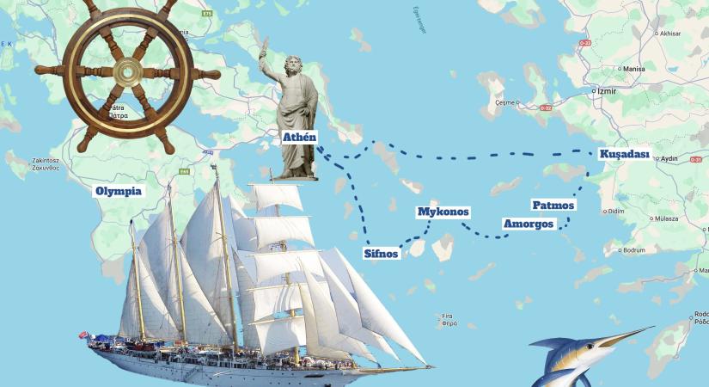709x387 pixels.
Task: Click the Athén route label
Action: (300, 136)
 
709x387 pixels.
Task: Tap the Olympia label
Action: (119, 191)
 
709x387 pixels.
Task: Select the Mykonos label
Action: (443, 212)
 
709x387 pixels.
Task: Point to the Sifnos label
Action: (382, 253)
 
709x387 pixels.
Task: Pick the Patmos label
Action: (553, 206)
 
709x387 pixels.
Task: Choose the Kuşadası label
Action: (624, 155)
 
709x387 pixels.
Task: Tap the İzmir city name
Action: (608, 89)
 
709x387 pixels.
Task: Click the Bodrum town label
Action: (634, 250)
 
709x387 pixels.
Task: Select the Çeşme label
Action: (504, 102)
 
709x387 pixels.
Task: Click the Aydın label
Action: (669, 159)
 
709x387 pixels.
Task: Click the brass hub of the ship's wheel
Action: (126, 72)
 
